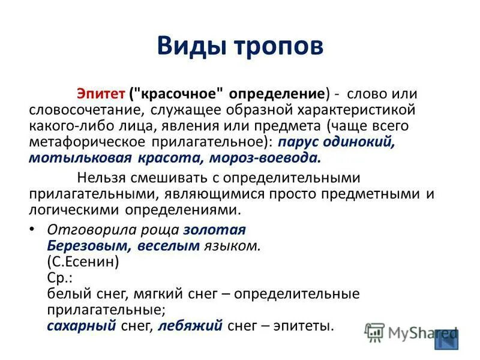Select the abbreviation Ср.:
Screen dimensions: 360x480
coord(59,278)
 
